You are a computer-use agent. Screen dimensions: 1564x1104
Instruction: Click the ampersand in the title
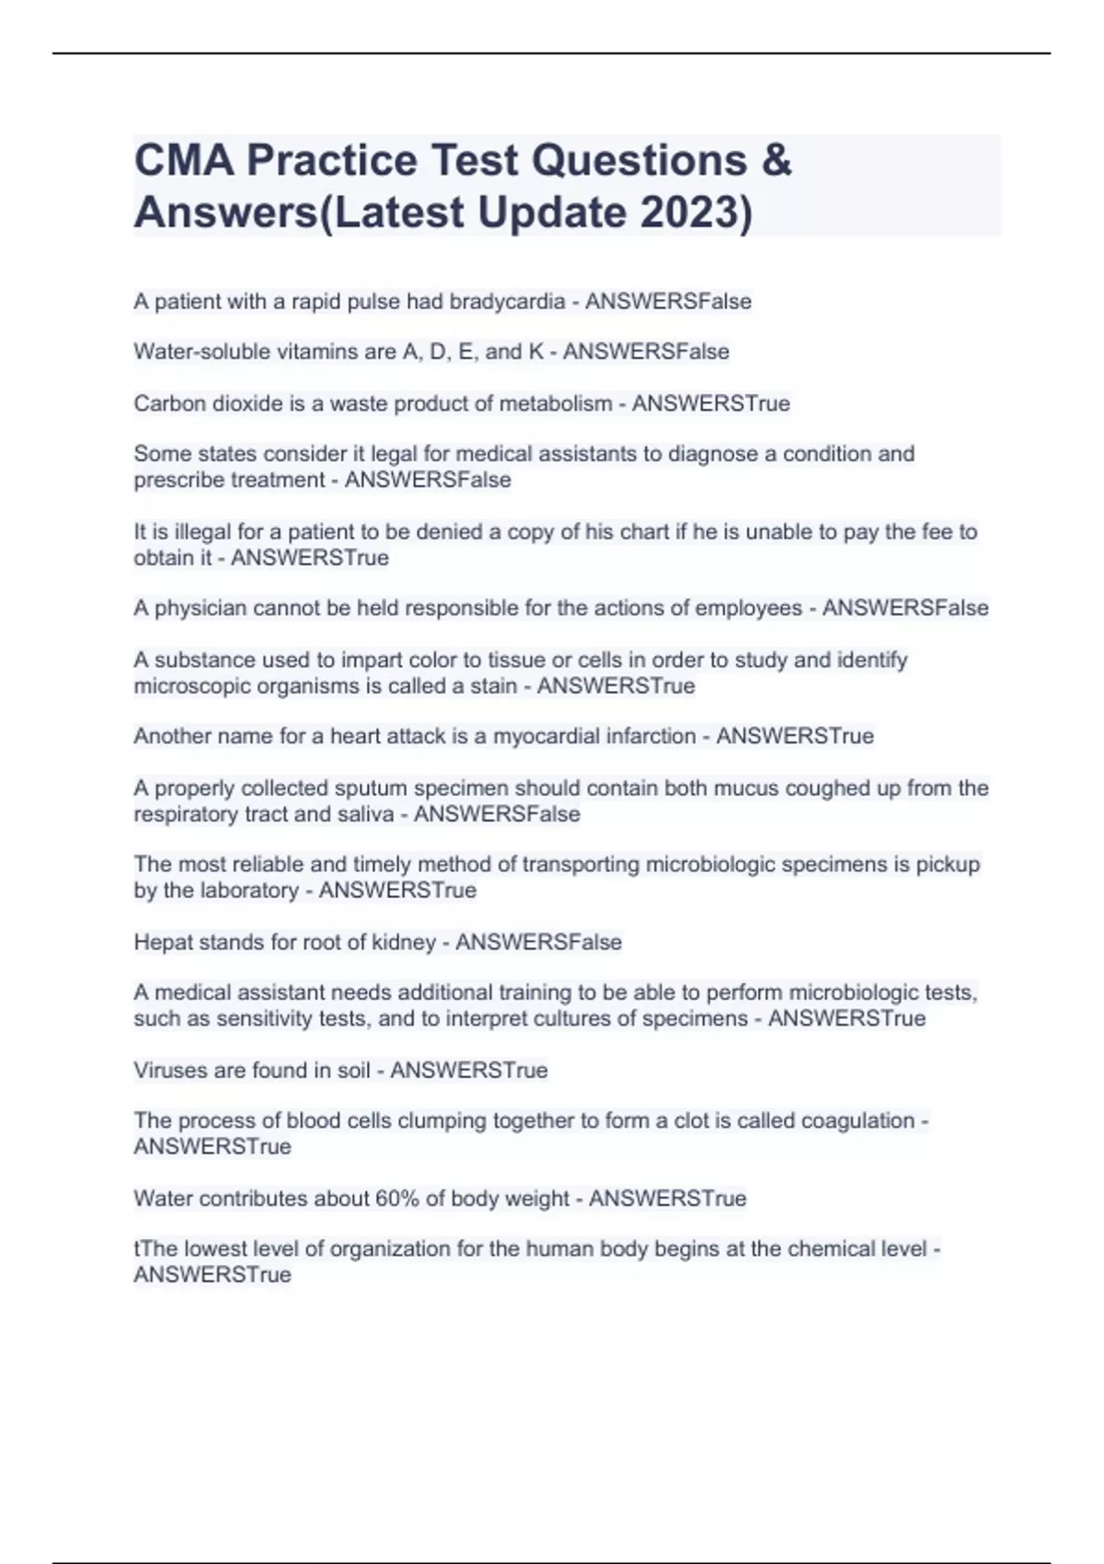click(x=776, y=160)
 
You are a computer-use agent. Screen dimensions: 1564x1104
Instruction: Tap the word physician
click(x=201, y=608)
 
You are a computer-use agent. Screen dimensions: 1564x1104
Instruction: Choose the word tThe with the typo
click(x=155, y=1249)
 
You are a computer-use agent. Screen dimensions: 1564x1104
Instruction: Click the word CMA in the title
click(x=184, y=160)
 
